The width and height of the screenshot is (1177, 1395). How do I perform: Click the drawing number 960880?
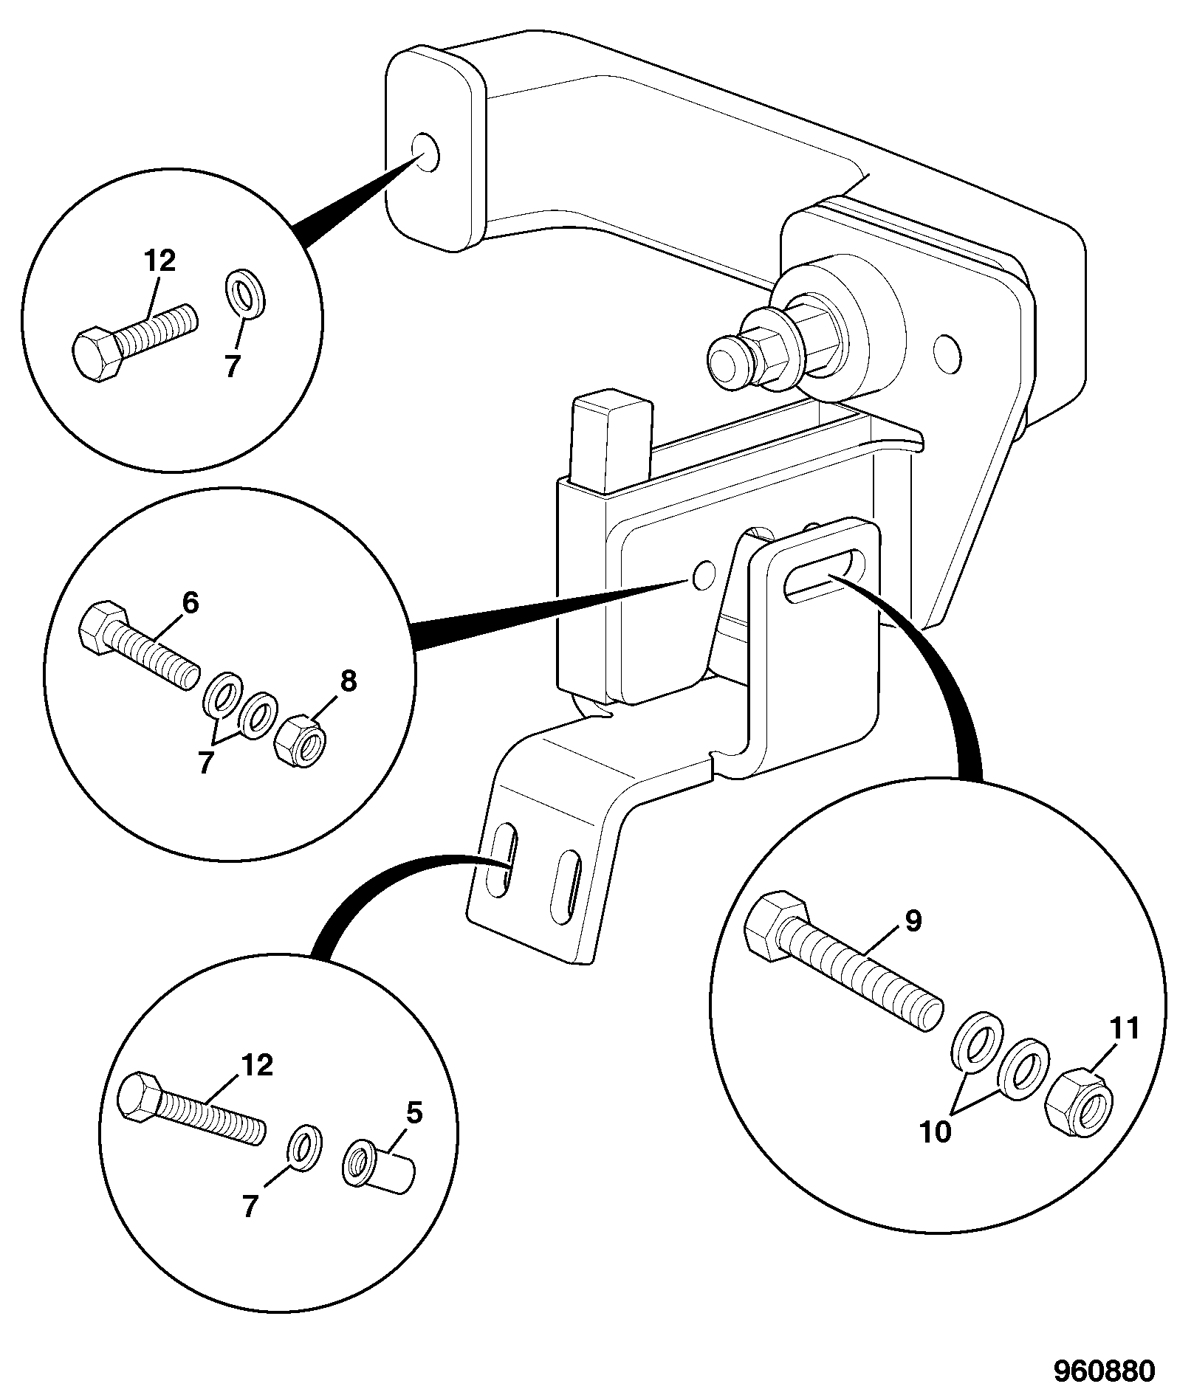tap(1102, 1371)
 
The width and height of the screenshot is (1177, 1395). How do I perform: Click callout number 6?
tap(190, 603)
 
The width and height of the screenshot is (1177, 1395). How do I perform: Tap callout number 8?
tap(348, 681)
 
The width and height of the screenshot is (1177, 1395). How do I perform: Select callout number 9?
tap(913, 920)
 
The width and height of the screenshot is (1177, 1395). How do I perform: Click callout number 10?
tap(936, 1132)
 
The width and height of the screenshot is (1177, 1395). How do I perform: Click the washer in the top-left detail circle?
tap(246, 292)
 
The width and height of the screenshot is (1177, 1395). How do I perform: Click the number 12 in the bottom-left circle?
tap(256, 1064)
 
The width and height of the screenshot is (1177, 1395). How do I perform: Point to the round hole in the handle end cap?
tap(425, 153)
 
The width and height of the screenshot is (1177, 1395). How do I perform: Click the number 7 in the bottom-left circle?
tap(250, 1207)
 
